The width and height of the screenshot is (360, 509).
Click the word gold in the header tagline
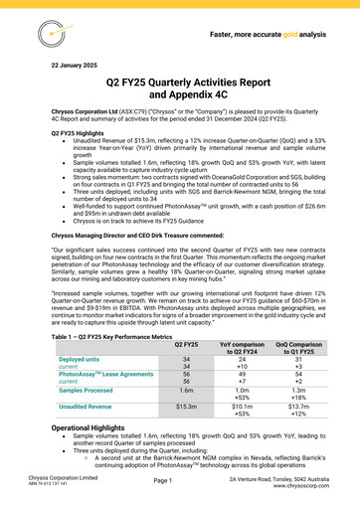coord(287,33)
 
